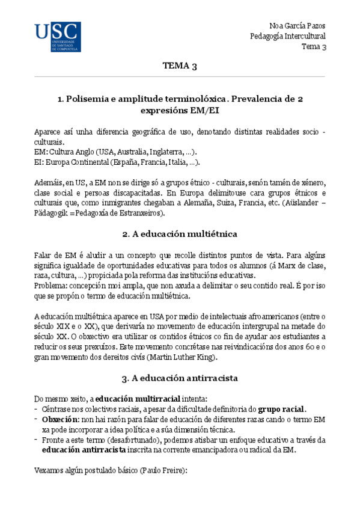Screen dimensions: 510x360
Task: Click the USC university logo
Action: tap(57, 37)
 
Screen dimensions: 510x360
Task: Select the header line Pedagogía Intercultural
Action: tap(288, 36)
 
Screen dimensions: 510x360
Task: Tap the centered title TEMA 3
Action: tap(180, 66)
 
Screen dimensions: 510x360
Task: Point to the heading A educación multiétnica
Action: tap(180, 233)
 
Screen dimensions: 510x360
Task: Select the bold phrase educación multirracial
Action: tap(132, 398)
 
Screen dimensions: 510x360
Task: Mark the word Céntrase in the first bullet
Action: tap(57, 408)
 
